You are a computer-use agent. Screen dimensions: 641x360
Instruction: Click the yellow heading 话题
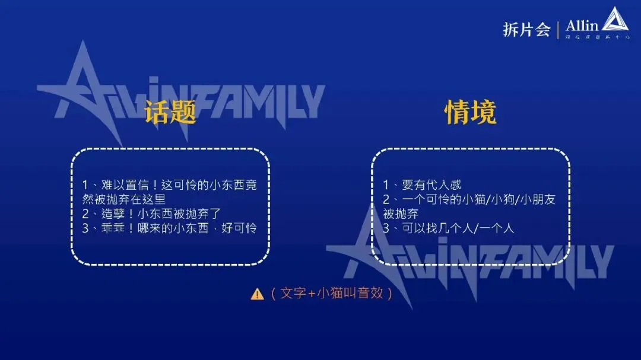pos(170,112)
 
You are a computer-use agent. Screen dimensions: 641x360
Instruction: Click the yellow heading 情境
pos(471,112)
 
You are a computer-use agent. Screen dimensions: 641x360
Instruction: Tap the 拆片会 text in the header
pos(526,30)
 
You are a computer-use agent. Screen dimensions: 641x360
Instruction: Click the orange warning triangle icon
pos(257,294)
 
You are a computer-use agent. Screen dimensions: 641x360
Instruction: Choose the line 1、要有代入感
pos(422,184)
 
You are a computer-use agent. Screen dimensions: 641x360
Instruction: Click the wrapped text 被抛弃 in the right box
pos(401,214)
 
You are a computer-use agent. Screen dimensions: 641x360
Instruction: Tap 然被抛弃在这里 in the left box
pos(123,199)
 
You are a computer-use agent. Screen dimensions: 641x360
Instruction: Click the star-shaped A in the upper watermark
pos(89,92)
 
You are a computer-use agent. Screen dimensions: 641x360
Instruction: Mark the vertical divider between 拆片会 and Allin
pos(558,30)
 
